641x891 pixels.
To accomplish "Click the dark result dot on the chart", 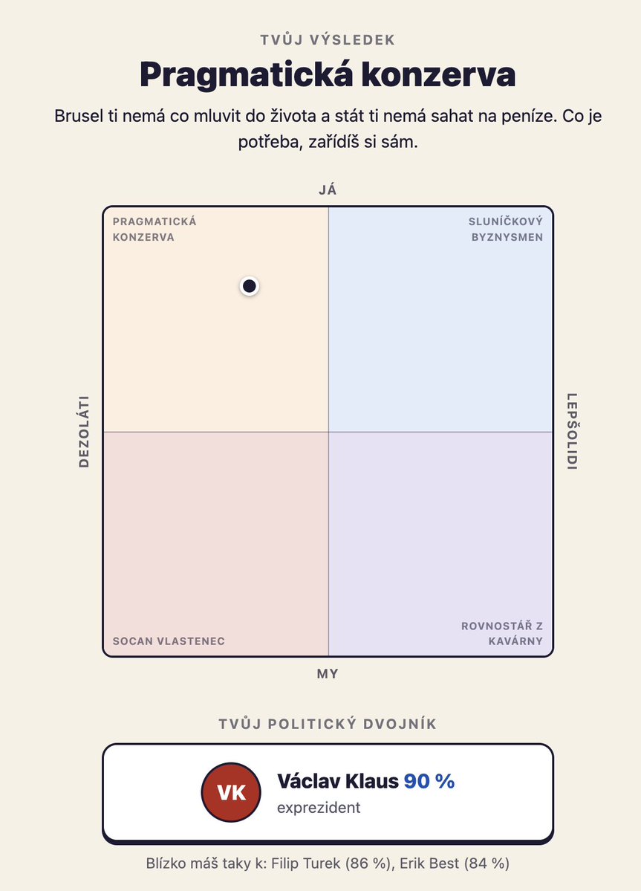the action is point(250,286).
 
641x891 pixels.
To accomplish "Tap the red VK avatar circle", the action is point(231,792).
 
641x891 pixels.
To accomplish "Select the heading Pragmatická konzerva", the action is point(328,74).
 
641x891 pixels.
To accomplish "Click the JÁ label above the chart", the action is point(328,189).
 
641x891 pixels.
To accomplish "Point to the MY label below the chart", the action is point(328,674).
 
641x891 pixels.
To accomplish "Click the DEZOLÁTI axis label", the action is point(84,431).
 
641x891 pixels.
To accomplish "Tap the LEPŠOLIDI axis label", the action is point(573,431).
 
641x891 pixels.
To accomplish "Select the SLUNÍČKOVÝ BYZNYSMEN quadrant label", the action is point(505,229).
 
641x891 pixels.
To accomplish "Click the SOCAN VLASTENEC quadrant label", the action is point(169,641).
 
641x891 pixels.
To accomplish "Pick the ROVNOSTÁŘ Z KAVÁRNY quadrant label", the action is point(502,634).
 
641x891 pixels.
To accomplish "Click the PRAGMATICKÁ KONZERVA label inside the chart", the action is point(154,229).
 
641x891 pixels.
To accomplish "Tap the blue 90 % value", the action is point(429,781).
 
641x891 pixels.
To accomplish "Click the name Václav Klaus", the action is point(338,781).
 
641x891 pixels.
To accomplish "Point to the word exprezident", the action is point(319,808).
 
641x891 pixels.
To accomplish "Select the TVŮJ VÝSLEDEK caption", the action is point(328,40).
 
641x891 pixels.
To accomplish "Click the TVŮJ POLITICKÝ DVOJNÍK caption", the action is point(328,724).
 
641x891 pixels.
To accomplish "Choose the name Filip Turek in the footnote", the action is point(303,864).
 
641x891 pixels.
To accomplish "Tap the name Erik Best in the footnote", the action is point(429,864).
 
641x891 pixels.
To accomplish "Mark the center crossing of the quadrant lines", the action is point(328,432).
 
